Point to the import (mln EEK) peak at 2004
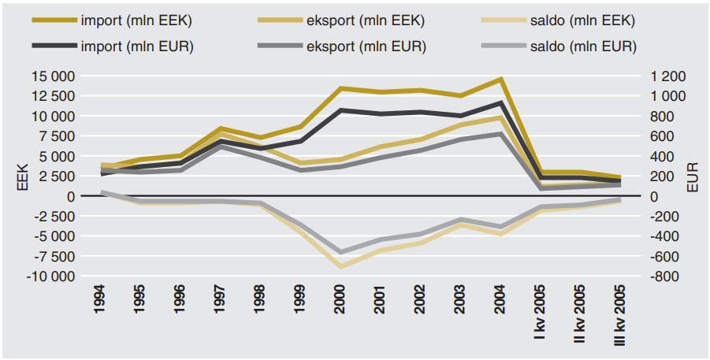tap(500, 79)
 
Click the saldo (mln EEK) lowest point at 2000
tap(340, 267)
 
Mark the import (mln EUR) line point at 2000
tap(340, 110)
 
